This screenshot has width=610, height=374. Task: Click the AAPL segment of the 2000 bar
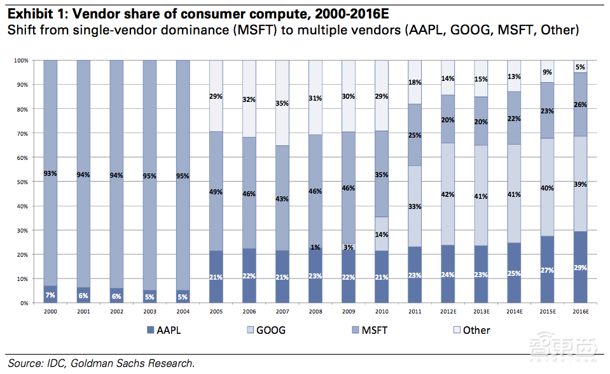[x=50, y=295]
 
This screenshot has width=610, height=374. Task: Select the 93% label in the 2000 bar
[x=50, y=173]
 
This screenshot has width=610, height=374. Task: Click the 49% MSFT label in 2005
[x=216, y=192]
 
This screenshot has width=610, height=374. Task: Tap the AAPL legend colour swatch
[x=151, y=330]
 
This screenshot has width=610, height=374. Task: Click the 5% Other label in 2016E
[x=580, y=67]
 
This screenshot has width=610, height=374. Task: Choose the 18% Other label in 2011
[x=415, y=82]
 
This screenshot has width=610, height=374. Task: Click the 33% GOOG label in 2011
[x=415, y=206]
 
